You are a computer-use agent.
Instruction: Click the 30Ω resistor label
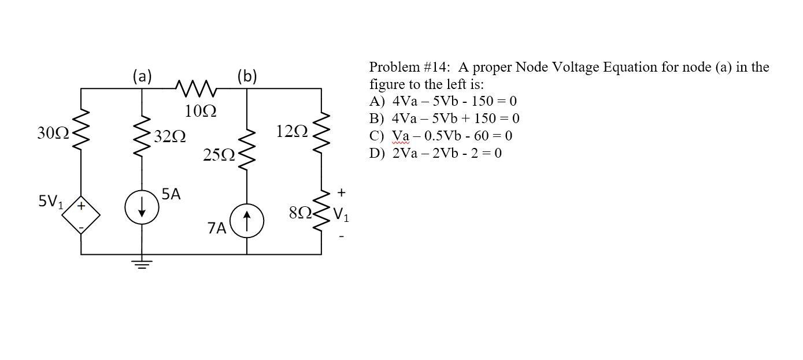click(53, 133)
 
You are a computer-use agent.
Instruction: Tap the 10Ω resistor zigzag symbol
click(196, 89)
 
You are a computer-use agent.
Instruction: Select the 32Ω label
click(170, 137)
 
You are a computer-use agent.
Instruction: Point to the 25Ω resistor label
click(219, 155)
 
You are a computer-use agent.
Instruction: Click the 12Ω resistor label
click(292, 132)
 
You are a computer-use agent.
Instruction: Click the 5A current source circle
click(142, 207)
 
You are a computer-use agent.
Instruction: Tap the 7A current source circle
click(247, 221)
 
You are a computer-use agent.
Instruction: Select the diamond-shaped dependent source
click(82, 217)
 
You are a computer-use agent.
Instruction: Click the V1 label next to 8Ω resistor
click(341, 217)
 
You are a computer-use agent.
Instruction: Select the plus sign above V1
click(341, 191)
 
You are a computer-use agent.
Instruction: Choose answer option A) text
click(443, 101)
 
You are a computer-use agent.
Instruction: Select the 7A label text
click(217, 229)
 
